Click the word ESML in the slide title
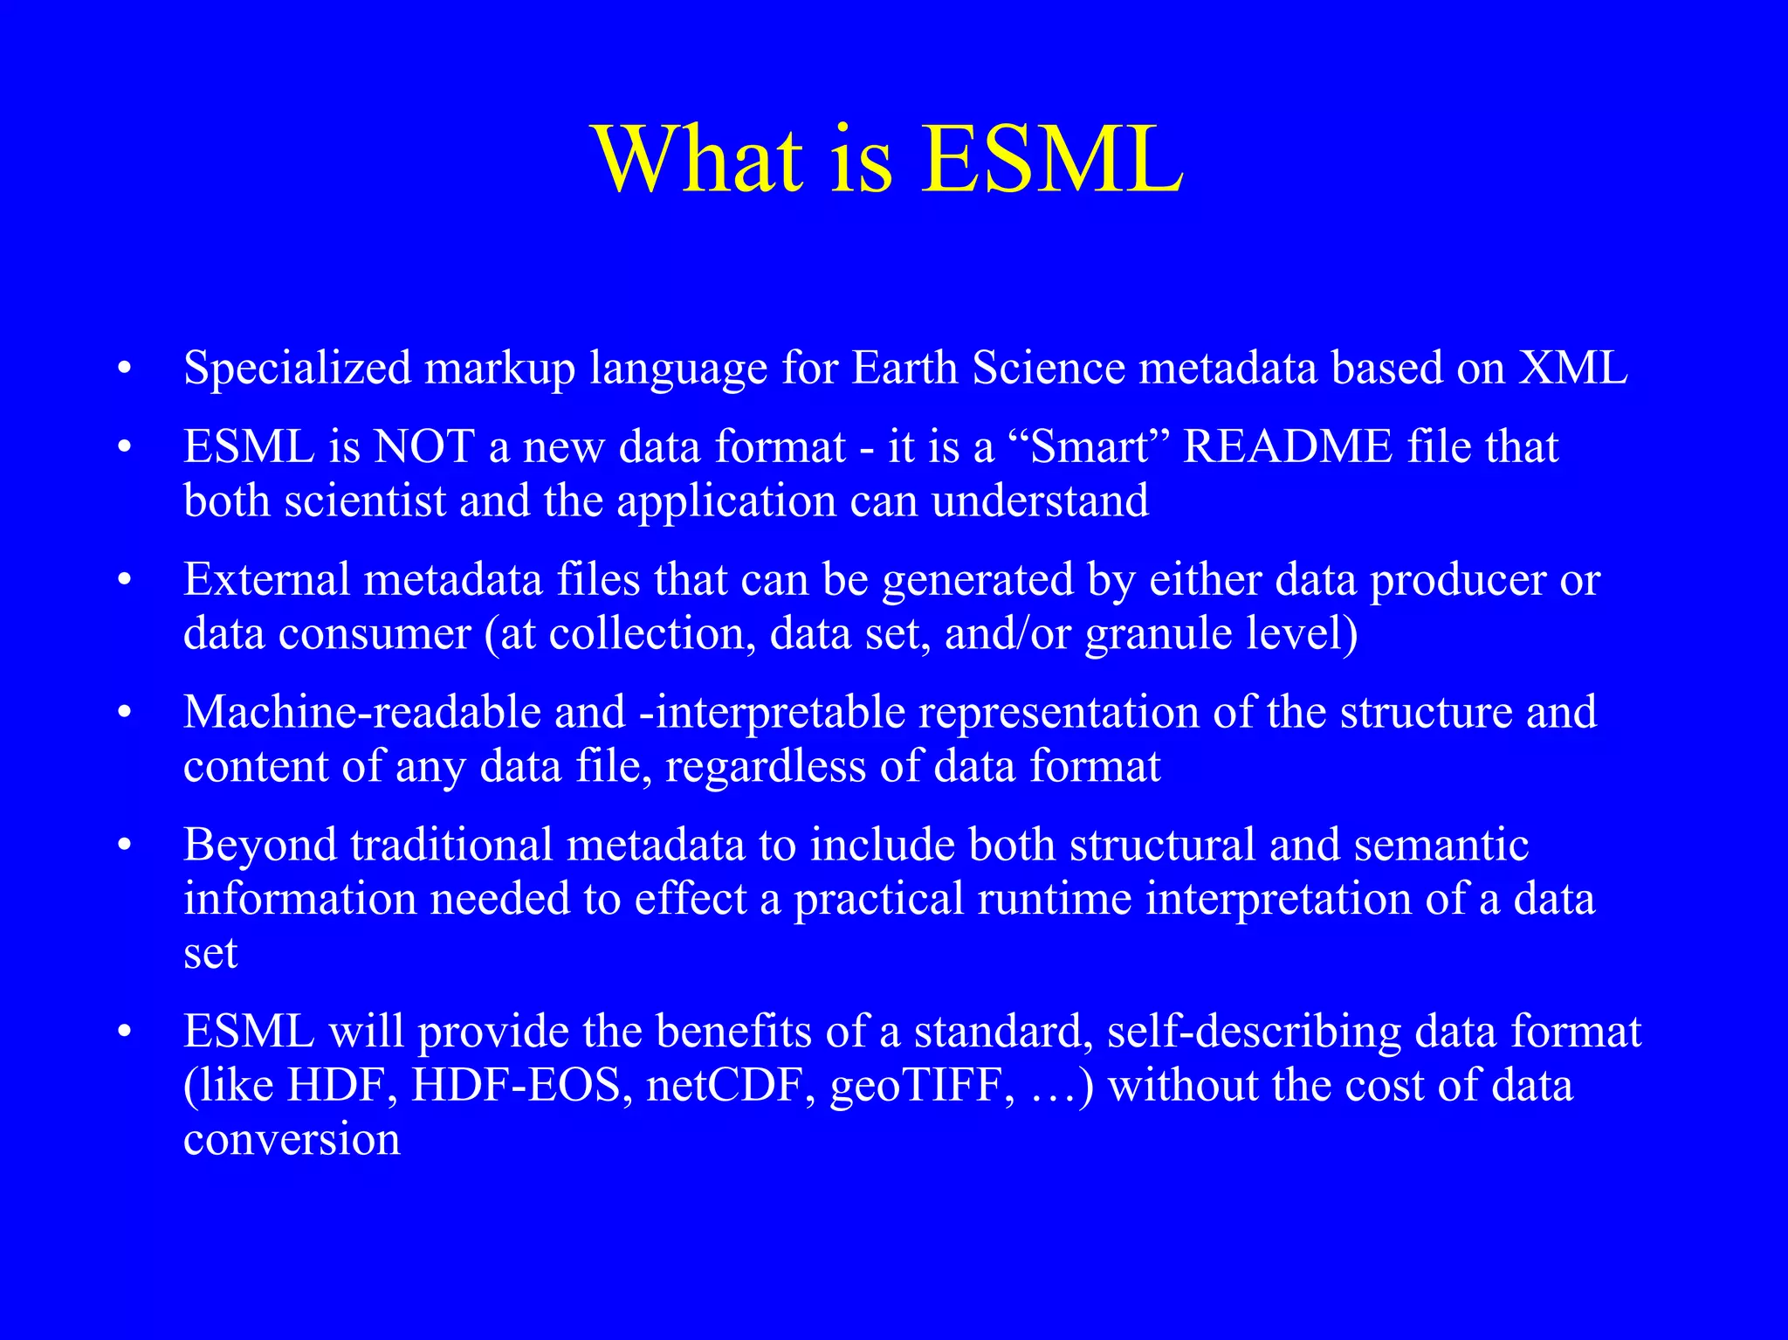pyautogui.click(x=1053, y=160)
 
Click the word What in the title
pyautogui.click(x=699, y=160)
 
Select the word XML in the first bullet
pyautogui.click(x=1573, y=368)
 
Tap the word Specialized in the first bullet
pyautogui.click(x=297, y=368)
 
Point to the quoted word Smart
pyautogui.click(x=1089, y=447)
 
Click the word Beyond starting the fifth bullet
pyautogui.click(x=259, y=846)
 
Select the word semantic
pyautogui.click(x=1441, y=846)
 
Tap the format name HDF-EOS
pyautogui.click(x=521, y=1086)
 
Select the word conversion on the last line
pyautogui.click(x=292, y=1139)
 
